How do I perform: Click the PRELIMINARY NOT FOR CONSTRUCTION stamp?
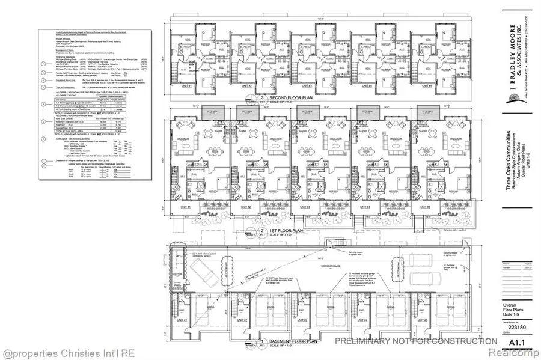[415, 341]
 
